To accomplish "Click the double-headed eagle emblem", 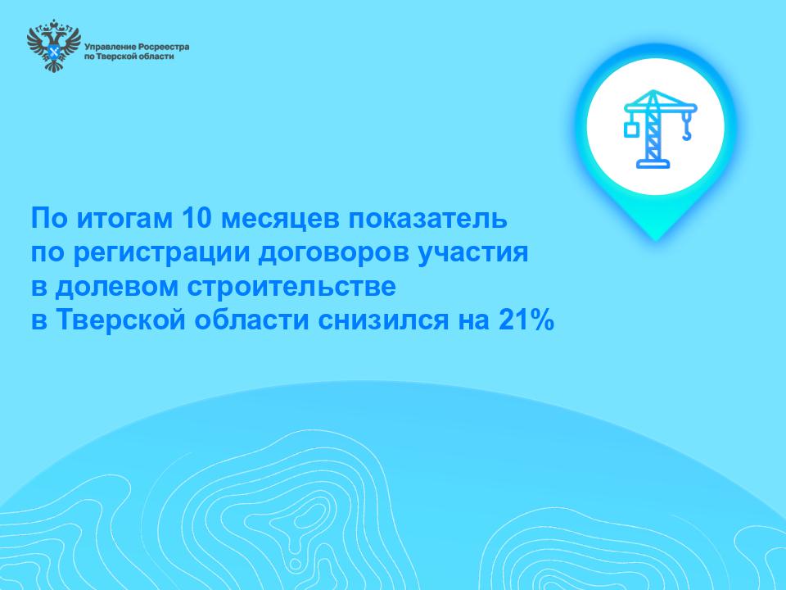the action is point(54,45).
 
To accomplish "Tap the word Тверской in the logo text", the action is point(115,57).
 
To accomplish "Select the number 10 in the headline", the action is point(196,218).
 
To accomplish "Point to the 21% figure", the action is point(526,320).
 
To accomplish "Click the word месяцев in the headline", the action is point(280,220).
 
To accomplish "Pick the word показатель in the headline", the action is point(427,219).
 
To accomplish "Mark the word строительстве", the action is point(291,287).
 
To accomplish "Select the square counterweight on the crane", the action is point(630,129).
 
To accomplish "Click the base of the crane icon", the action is point(653,164).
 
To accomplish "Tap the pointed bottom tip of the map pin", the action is point(656,239).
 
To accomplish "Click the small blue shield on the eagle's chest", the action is point(54,52).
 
